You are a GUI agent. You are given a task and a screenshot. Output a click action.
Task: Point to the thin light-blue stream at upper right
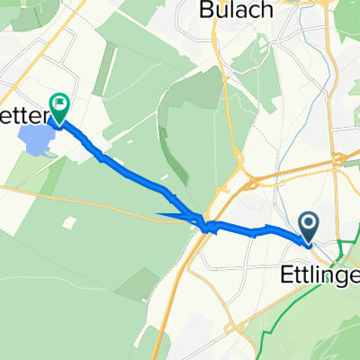(310, 99)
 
